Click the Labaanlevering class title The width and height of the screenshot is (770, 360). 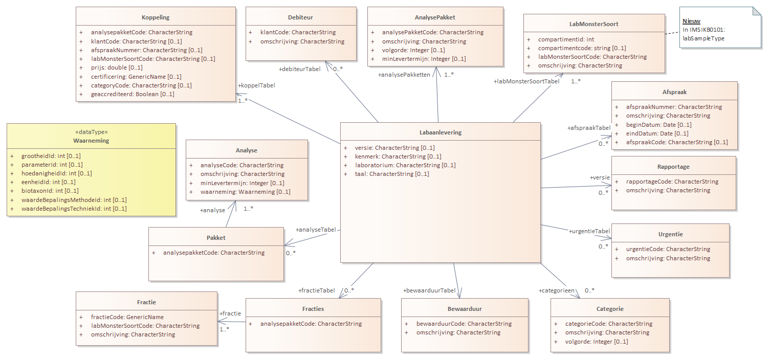click(x=441, y=132)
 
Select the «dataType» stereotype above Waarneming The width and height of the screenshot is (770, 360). click(x=91, y=132)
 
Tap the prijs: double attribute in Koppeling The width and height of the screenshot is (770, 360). click(x=117, y=67)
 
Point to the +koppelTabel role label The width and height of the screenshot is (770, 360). click(x=256, y=85)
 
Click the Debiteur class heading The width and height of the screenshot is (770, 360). click(x=300, y=17)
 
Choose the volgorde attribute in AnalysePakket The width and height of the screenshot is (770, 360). click(x=413, y=50)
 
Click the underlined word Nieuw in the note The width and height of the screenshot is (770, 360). click(x=691, y=21)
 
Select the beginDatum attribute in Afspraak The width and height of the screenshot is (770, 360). click(x=658, y=125)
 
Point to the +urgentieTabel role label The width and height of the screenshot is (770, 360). click(x=589, y=231)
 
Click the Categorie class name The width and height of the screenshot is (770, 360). click(x=610, y=309)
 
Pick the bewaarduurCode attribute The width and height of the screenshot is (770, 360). click(x=464, y=324)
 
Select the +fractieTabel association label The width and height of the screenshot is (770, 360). click(x=316, y=290)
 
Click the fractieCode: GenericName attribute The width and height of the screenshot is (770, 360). click(x=127, y=317)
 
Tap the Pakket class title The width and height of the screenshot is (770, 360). click(x=216, y=238)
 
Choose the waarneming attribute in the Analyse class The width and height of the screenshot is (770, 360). click(x=246, y=192)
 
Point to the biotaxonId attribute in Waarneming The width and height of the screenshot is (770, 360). click(x=50, y=191)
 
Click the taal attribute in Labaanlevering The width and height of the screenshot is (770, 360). click(x=392, y=174)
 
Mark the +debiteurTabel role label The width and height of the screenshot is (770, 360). click(x=299, y=69)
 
